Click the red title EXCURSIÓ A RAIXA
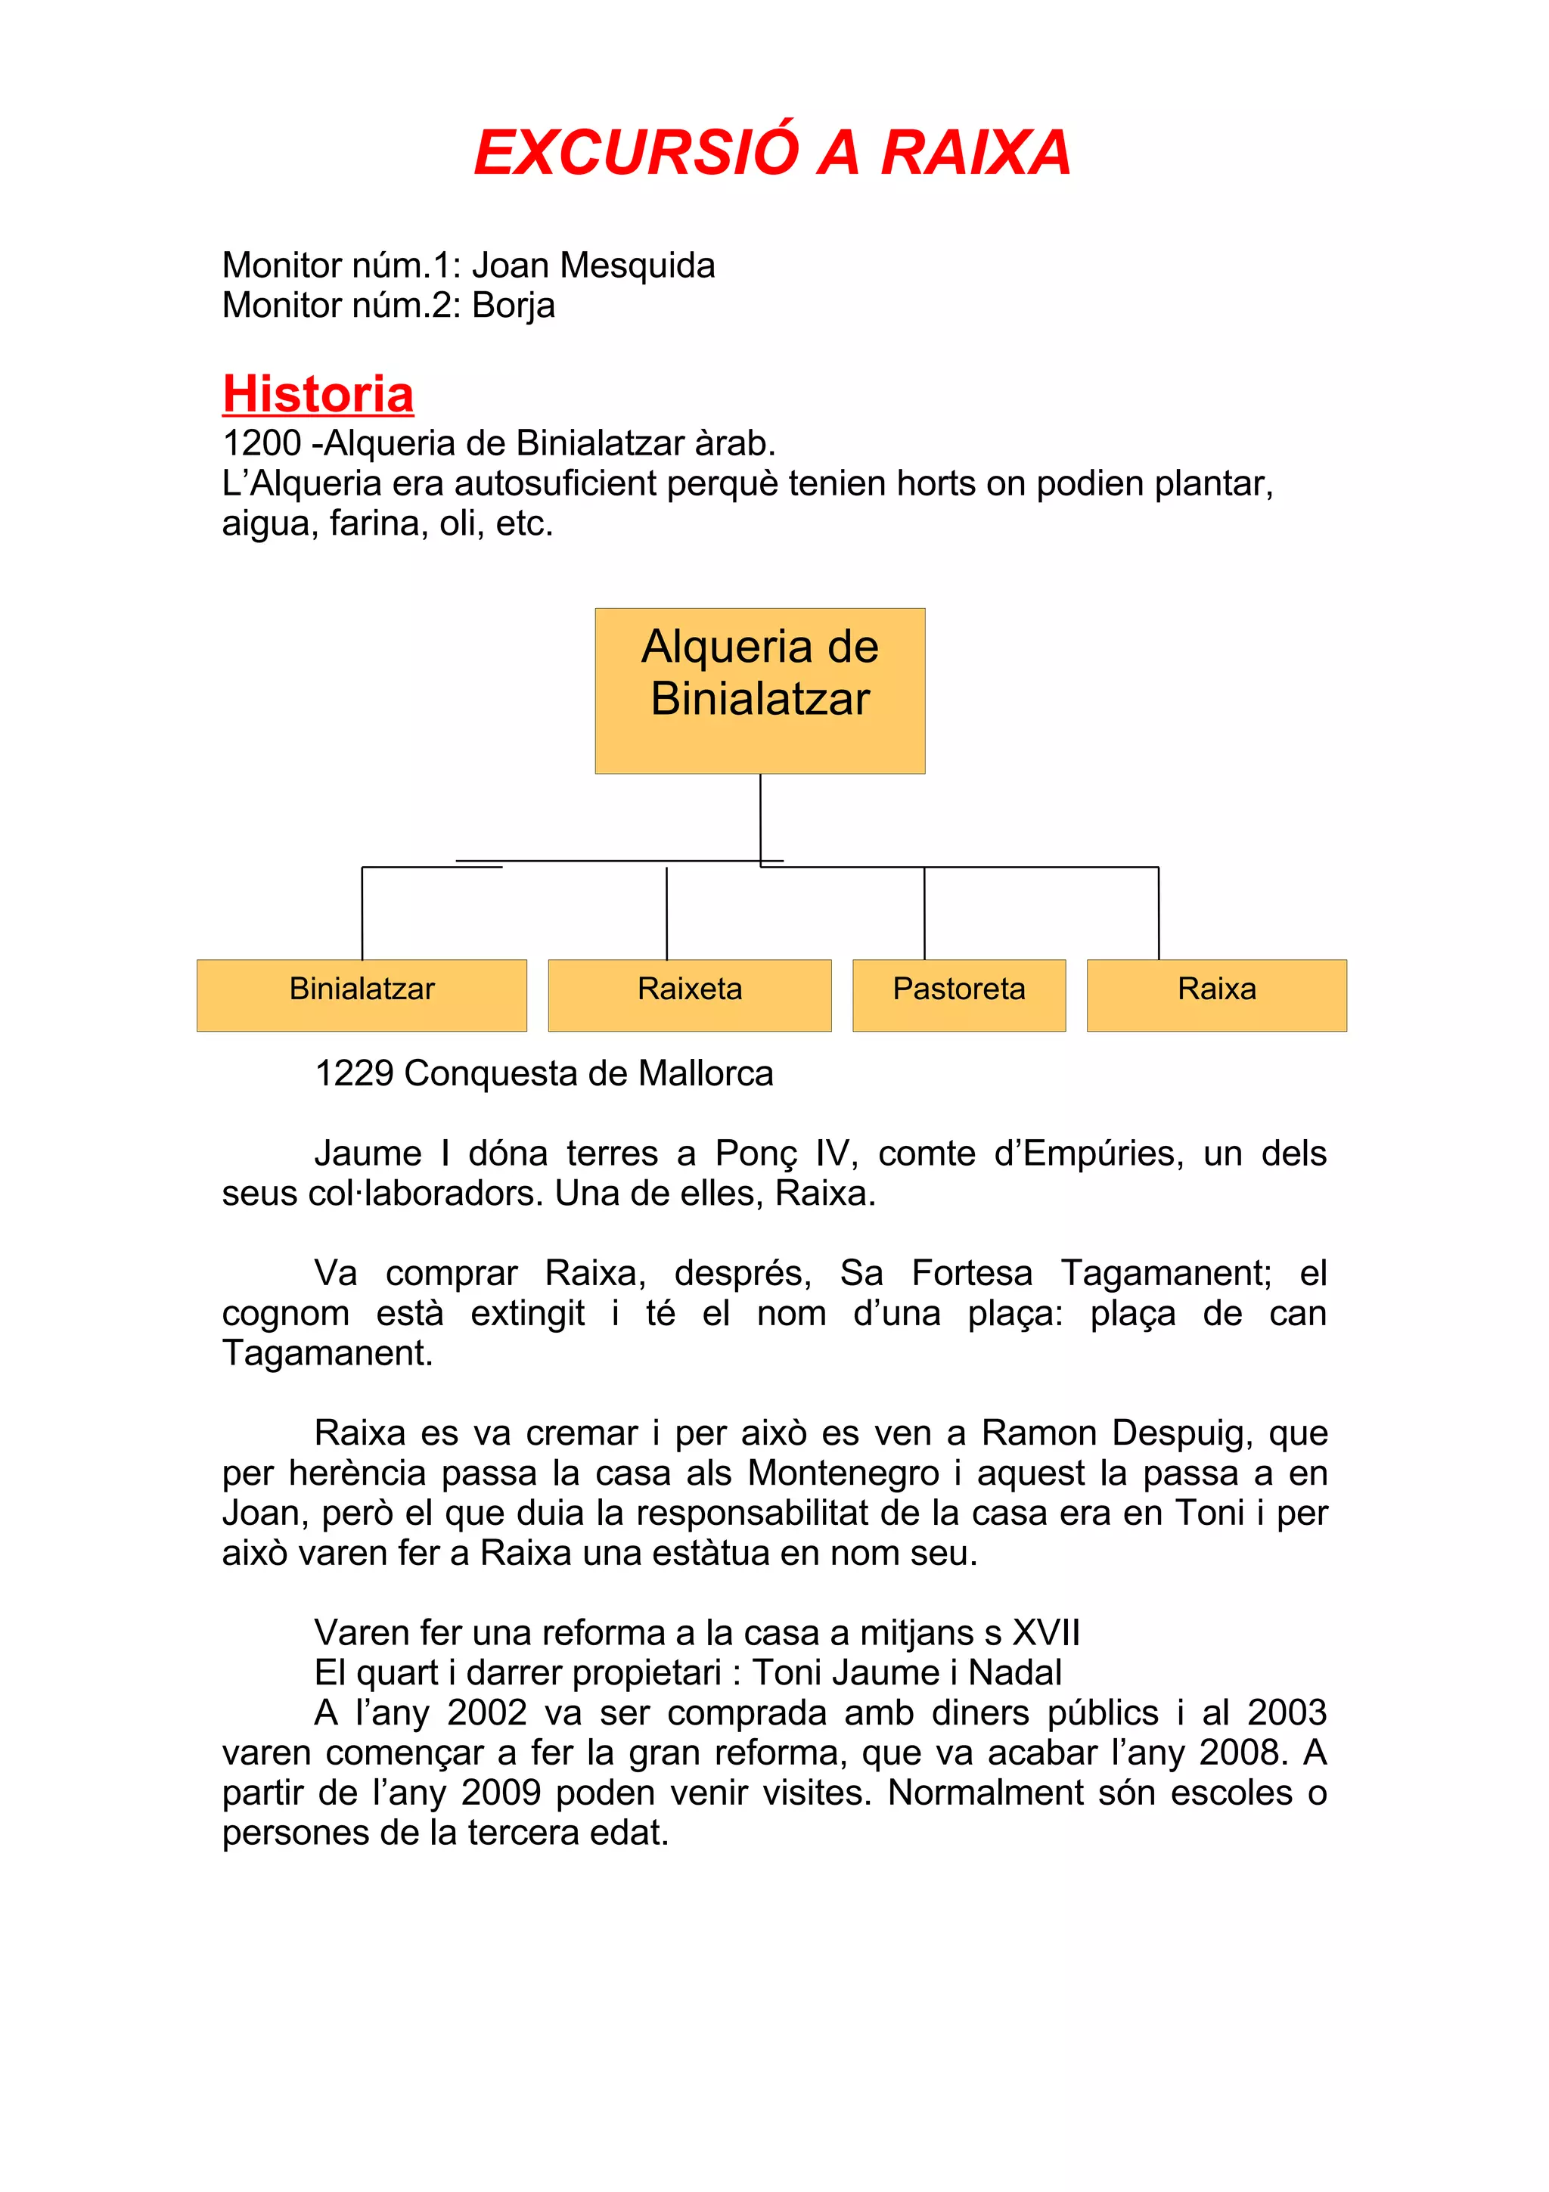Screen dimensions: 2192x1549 coord(772,153)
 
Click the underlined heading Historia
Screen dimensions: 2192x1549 coord(318,393)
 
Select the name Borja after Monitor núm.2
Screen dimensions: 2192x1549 coord(514,306)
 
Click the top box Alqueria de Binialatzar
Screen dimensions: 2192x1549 coord(759,691)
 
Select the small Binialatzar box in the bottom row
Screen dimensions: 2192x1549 coord(362,994)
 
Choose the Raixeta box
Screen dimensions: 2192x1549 coord(689,994)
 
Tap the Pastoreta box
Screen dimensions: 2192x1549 coord(958,994)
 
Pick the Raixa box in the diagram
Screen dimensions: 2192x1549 coord(1216,994)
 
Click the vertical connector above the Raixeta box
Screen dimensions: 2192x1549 coord(666,913)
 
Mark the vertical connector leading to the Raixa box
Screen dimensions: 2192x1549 coord(1159,913)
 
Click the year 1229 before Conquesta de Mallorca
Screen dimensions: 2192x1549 coord(354,1074)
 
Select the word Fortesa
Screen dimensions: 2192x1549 coord(972,1274)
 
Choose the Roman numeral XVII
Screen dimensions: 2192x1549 coord(1045,1634)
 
